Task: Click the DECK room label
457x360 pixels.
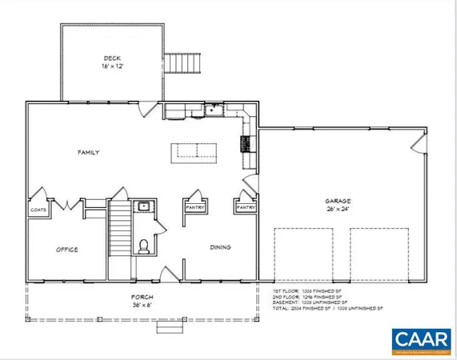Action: (x=111, y=58)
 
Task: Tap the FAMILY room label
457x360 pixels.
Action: (x=87, y=151)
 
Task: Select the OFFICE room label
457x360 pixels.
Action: (x=66, y=250)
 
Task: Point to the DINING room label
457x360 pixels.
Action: (x=220, y=247)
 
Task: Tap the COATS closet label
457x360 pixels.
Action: (x=39, y=210)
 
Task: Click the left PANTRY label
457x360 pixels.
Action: (x=195, y=208)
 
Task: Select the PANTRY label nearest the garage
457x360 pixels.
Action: (x=245, y=208)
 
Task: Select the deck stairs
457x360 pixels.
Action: (x=182, y=62)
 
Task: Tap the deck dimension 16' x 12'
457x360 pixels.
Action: (x=111, y=66)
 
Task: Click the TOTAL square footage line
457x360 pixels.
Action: (x=329, y=308)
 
